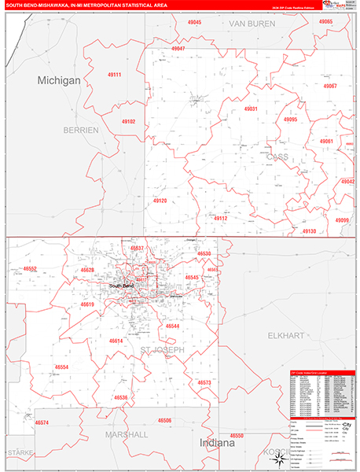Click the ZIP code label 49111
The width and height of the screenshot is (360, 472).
pyautogui.click(x=114, y=75)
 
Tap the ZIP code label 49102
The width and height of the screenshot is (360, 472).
pyautogui.click(x=129, y=122)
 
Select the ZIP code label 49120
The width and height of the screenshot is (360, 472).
pyautogui.click(x=160, y=201)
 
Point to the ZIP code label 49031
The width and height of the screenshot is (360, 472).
pyautogui.click(x=251, y=109)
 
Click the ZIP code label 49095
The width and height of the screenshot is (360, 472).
pyautogui.click(x=291, y=120)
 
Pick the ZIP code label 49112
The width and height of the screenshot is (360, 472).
pyautogui.click(x=220, y=218)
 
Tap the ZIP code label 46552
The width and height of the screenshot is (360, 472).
pyautogui.click(x=31, y=268)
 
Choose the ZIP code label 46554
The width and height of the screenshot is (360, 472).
pyautogui.click(x=61, y=367)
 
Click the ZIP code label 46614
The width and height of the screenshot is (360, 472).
pyautogui.click(x=116, y=341)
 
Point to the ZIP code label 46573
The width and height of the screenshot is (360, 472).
pyautogui.click(x=204, y=382)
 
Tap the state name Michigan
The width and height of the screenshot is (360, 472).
pyautogui.click(x=59, y=81)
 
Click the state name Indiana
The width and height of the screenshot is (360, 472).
pyautogui.click(x=216, y=443)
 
